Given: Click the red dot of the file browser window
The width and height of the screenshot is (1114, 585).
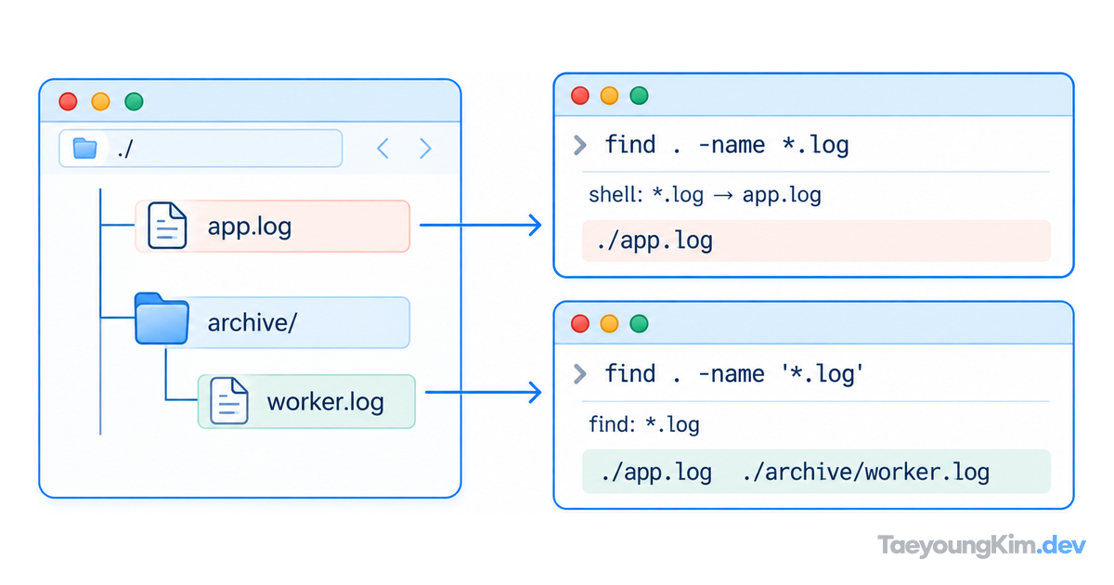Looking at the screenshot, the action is click(68, 101).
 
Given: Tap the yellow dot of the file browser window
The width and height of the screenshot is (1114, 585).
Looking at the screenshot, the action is click(100, 101).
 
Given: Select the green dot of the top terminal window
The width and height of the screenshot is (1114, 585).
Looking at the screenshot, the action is click(639, 96).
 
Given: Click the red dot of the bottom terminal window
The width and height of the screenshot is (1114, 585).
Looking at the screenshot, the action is click(580, 324).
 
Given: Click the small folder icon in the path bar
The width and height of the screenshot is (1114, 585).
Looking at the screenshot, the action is click(84, 149).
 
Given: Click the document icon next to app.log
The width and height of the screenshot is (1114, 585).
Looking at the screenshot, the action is click(167, 226).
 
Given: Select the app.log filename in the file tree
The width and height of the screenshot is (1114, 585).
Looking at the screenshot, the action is click(249, 227).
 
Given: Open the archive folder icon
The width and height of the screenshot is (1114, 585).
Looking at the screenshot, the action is click(162, 318).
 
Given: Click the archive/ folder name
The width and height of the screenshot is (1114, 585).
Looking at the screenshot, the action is click(253, 322).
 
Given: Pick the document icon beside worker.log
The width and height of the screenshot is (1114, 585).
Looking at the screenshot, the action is click(228, 401).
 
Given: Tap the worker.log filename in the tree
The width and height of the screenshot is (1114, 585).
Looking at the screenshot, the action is click(325, 402).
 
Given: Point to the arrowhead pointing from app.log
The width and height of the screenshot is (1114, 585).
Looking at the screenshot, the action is click(535, 226).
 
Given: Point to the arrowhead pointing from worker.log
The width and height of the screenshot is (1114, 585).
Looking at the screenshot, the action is click(535, 393).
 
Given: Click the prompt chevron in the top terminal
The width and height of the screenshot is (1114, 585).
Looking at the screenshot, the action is click(579, 145).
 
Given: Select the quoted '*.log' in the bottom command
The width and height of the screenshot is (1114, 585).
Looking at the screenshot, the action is click(822, 373).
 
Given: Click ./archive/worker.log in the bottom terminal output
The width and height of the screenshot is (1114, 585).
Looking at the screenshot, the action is click(866, 472).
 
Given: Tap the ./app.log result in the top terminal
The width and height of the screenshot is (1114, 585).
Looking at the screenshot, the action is click(654, 240).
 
